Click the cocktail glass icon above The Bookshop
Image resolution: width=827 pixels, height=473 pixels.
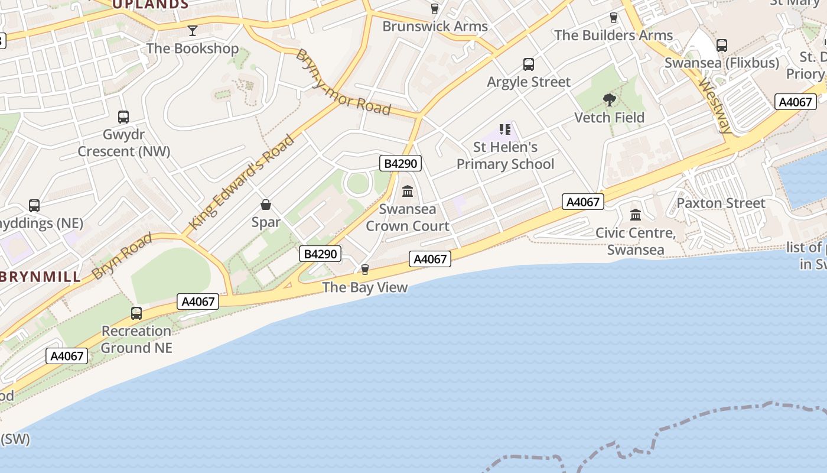[x=193, y=30]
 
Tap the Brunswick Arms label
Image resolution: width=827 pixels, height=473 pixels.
[x=435, y=26]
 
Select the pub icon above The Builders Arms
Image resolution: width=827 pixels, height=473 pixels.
[x=613, y=18]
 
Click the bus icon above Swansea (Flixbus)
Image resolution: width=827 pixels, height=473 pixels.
[x=721, y=45]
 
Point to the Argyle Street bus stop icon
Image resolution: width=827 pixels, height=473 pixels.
[x=529, y=64]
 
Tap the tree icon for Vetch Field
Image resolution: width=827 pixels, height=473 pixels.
[x=610, y=99]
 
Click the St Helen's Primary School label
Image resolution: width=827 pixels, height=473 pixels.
[x=505, y=155]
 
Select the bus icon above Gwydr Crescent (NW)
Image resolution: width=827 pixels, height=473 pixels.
[x=123, y=117]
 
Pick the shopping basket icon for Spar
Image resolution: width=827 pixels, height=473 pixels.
[x=266, y=205]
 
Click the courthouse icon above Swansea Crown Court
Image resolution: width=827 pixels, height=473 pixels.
[x=408, y=191]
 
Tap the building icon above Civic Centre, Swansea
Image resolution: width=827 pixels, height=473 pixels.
[x=636, y=215]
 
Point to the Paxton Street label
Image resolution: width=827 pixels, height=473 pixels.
[x=721, y=203]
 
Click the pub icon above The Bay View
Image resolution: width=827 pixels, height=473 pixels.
[x=365, y=270]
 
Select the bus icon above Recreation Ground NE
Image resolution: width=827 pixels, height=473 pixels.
[x=136, y=313]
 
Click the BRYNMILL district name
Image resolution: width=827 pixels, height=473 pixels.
[x=40, y=277]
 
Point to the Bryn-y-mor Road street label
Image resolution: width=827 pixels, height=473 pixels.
[x=343, y=82]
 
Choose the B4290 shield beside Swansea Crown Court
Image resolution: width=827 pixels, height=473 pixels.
[x=401, y=164]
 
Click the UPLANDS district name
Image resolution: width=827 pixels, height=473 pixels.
[x=150, y=5]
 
